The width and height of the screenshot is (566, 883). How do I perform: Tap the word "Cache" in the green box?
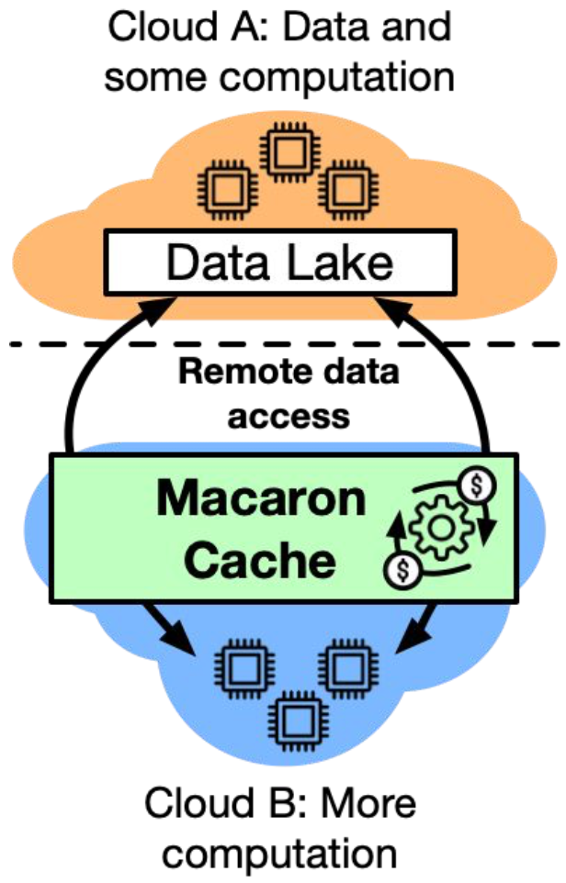tap(260, 559)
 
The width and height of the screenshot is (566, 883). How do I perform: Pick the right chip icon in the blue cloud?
tap(347, 667)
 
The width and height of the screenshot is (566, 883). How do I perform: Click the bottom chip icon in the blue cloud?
tap(295, 717)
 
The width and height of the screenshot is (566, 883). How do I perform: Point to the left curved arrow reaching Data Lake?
tap(87, 367)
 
